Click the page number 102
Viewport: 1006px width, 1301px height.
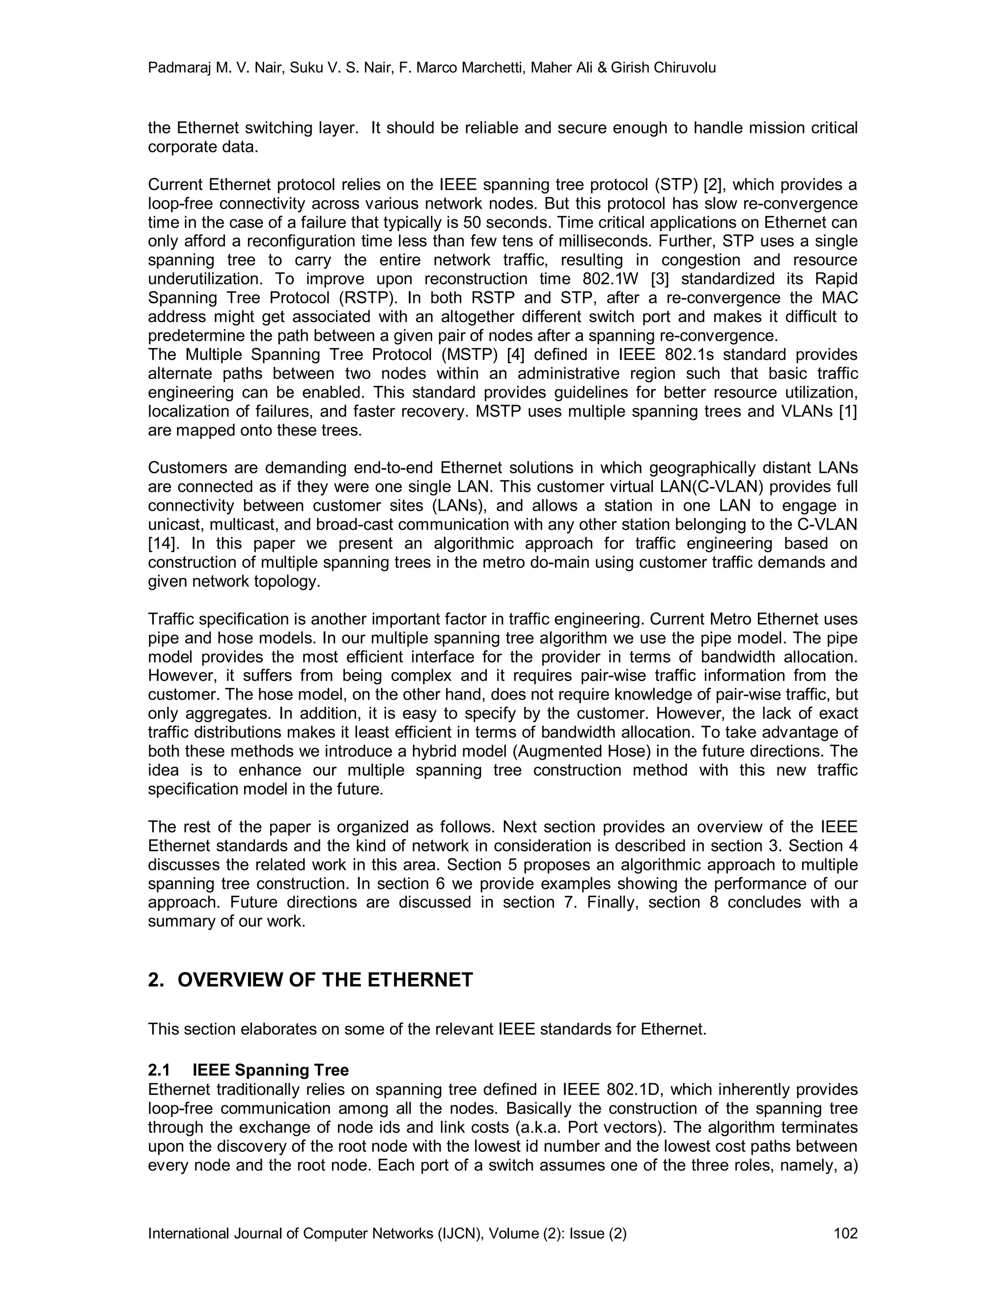click(x=845, y=1233)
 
